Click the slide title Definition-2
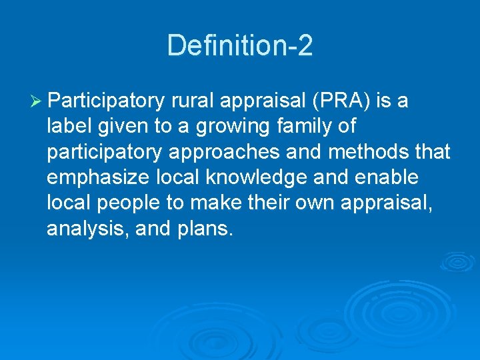240,45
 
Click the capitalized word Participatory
106,101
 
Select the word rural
193,101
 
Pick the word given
131,127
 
